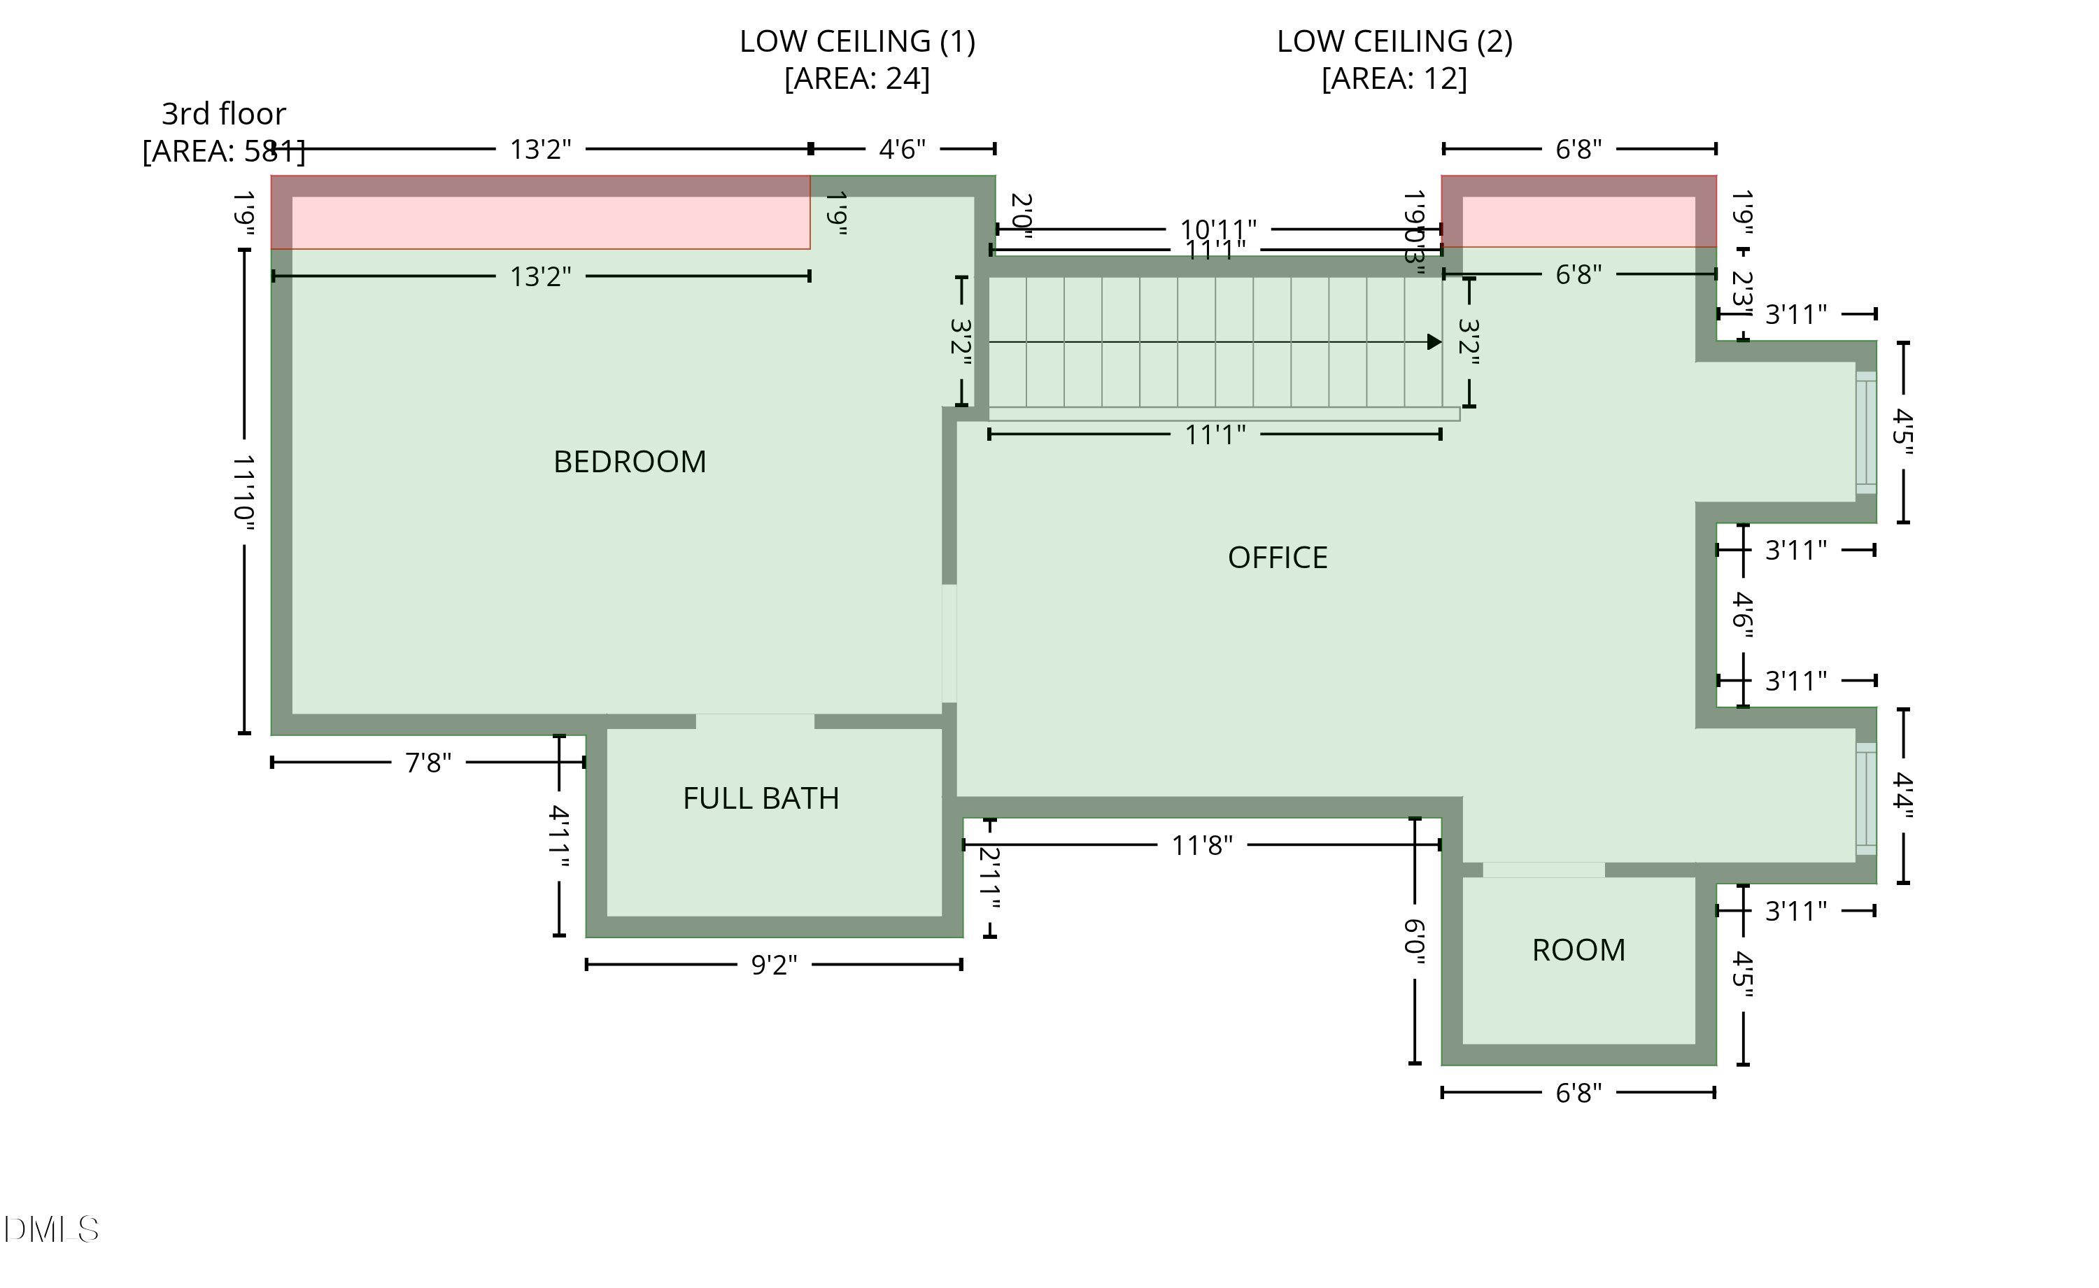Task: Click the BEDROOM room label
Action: coord(630,462)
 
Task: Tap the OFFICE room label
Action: coord(1277,557)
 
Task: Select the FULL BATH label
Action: coord(761,798)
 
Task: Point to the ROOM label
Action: coord(1578,950)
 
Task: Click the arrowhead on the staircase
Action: coord(1434,341)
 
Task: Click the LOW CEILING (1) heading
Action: coord(857,41)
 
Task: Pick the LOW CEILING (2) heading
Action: coord(1394,41)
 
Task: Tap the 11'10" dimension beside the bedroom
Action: coord(244,493)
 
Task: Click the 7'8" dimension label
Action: coord(427,763)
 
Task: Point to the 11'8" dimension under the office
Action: coord(1202,845)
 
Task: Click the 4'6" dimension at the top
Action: coord(902,150)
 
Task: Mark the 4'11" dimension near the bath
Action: coord(559,837)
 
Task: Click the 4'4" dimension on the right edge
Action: coord(1903,795)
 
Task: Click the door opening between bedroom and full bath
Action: coord(755,721)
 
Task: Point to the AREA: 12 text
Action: coord(1394,78)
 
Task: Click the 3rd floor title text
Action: coord(223,113)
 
